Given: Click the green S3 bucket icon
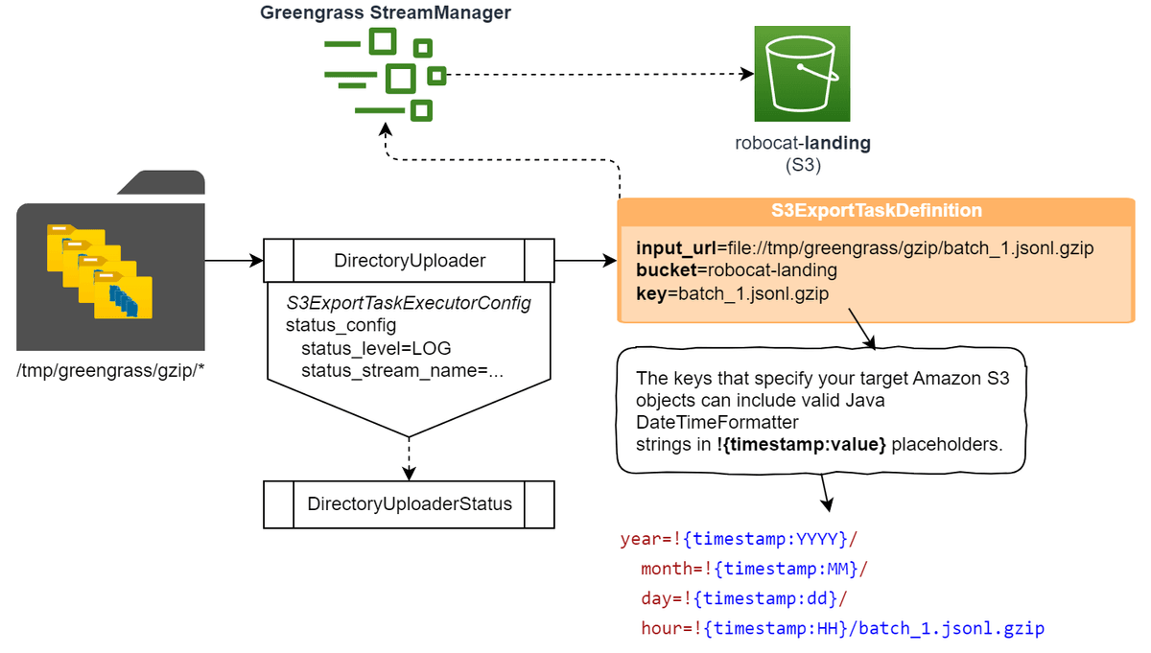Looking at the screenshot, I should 802,74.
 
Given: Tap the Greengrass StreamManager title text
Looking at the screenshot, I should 386,13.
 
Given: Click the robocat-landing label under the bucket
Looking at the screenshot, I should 802,144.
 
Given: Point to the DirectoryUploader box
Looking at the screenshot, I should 409,260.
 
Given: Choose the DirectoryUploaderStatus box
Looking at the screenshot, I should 409,503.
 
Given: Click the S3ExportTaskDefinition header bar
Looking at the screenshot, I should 876,211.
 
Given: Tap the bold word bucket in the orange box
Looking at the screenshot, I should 661,270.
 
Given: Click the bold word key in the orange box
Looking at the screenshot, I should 649,292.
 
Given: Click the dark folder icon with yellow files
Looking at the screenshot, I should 111,264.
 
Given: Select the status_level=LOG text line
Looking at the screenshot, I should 376,347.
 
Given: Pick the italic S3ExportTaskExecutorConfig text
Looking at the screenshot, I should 409,303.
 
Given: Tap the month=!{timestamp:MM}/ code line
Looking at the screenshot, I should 754,569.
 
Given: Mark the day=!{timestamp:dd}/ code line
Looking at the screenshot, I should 744,599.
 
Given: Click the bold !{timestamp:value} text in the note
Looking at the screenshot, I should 801,444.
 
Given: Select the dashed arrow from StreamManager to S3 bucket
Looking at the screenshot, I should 599,74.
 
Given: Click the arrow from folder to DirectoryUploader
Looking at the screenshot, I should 233,260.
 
